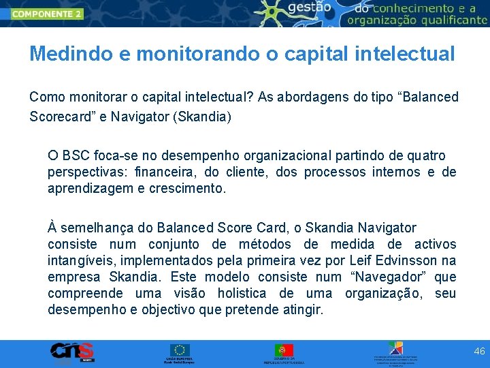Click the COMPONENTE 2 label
coord(46,14)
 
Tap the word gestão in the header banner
coord(310,7)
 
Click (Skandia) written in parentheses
coord(202,117)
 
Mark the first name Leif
coord(359,260)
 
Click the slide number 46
coord(479,351)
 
